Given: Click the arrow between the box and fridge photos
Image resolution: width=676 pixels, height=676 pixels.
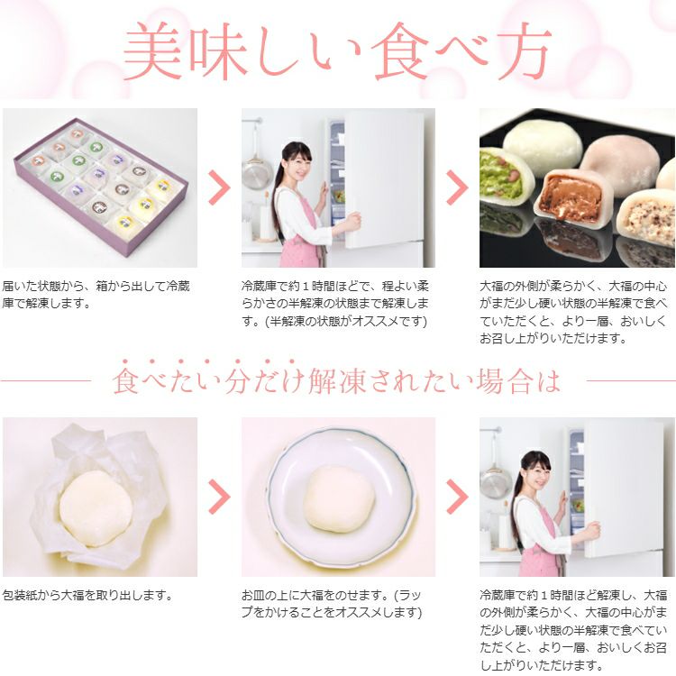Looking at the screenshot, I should click(x=219, y=187).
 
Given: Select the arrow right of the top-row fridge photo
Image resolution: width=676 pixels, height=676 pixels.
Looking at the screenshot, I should click(x=457, y=187).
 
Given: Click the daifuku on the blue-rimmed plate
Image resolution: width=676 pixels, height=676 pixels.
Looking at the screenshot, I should click(x=338, y=498).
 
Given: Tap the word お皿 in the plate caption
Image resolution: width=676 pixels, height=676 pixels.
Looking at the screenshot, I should click(x=254, y=596).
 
